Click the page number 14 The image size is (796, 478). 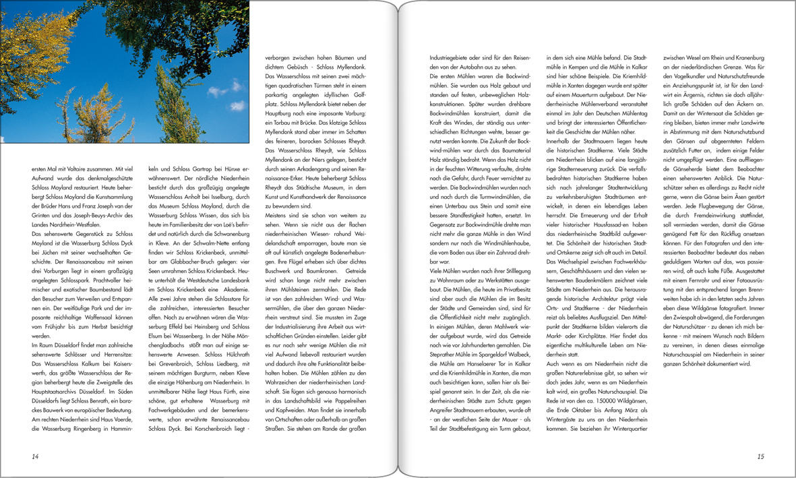35,456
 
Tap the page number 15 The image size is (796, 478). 760,456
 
